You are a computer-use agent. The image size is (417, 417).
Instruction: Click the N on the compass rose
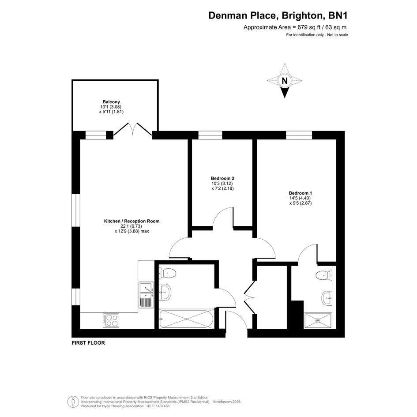point(285,81)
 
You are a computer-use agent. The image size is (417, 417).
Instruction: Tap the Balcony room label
point(111,101)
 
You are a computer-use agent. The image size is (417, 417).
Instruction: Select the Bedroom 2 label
point(222,178)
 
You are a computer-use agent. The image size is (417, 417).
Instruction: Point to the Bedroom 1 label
point(300,193)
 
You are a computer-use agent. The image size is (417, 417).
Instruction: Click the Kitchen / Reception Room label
point(131,221)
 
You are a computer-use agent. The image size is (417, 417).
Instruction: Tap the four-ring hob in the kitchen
point(111,320)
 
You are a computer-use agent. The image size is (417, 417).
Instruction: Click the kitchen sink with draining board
point(146,295)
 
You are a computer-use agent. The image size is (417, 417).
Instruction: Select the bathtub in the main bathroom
point(186,319)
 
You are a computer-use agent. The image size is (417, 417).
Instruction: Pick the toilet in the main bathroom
point(168,274)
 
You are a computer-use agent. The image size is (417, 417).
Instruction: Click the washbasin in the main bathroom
point(165,292)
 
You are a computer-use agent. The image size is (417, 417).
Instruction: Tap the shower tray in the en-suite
point(318,321)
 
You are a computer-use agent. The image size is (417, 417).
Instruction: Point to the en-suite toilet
point(324,275)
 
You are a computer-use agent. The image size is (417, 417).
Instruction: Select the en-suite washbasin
point(327,298)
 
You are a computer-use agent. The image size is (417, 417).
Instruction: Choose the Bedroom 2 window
point(210,135)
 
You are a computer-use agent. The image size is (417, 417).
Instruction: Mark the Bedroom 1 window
point(299,135)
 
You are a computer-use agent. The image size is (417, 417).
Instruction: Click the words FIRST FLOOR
point(88,343)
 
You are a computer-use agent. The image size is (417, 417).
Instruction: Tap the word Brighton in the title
point(302,16)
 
